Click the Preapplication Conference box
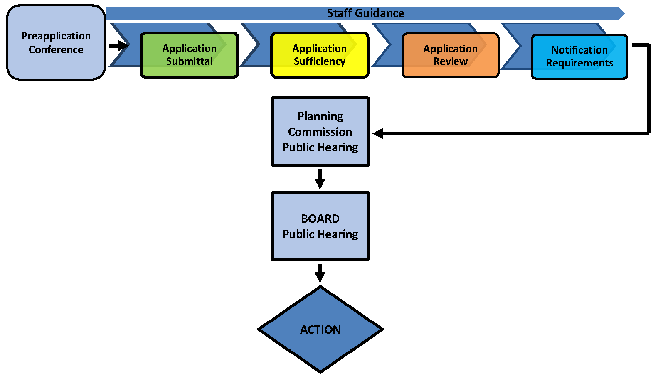coord(56,42)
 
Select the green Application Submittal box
coord(190,55)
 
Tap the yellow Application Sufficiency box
coord(320,55)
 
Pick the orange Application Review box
coord(451,55)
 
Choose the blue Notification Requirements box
coord(579,57)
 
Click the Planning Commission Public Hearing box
coord(320,132)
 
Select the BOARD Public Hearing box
coord(320,226)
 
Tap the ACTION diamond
coord(320,329)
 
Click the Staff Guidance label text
coord(365,13)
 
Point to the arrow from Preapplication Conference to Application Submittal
coord(119,45)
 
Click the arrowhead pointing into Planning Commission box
coord(378,133)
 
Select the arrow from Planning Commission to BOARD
coord(320,179)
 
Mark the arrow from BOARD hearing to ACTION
coord(320,273)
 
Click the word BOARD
coord(320,219)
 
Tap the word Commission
coord(320,132)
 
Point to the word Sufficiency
coord(320,61)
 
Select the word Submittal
coord(190,61)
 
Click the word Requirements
coord(579,63)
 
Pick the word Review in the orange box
coord(451,61)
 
